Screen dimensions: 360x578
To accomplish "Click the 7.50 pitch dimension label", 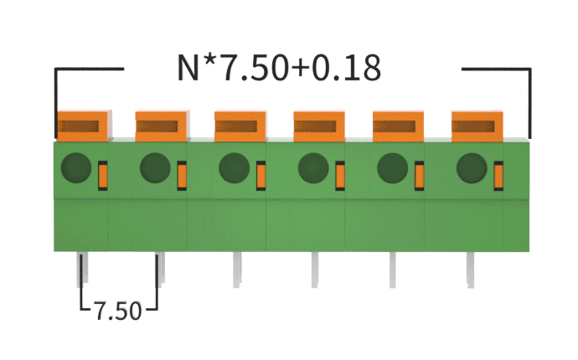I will coord(117,311).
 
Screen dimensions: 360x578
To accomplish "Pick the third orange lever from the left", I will coord(240,126).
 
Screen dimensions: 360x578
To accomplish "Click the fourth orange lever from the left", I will coord(319,126).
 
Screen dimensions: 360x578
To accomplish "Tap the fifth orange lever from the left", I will coord(398,126).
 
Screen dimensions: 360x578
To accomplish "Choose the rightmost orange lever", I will coord(477,126).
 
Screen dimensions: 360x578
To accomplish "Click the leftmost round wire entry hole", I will coord(76,167).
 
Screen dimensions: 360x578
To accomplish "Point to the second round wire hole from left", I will coord(155,167).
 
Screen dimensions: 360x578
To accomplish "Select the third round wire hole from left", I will coord(234,167).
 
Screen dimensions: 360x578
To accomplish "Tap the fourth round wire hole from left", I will coord(313,167).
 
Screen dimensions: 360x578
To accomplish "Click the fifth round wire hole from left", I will coord(392,167).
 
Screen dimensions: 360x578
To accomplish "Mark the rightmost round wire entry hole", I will coord(472,167).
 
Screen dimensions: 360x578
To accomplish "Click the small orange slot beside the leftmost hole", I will coord(103,175).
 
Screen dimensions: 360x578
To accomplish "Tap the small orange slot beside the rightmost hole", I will coord(498,175).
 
